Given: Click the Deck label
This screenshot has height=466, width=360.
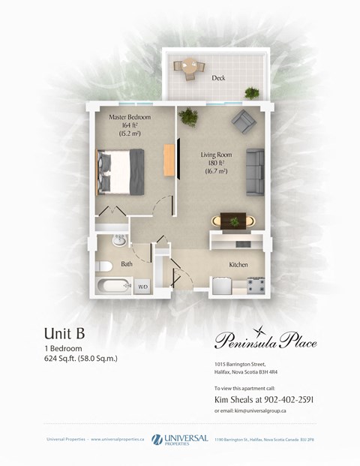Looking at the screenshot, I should (218, 78).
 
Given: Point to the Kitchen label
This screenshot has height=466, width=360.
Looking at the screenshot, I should (238, 265).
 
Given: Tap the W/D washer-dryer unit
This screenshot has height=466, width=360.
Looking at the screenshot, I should (142, 287).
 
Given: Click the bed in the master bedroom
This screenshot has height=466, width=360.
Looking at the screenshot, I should (120, 170).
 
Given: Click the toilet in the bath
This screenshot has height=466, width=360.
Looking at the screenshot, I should (104, 265).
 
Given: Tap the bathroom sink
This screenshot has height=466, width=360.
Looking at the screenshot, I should (118, 242).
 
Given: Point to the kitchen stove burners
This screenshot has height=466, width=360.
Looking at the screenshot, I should (256, 286).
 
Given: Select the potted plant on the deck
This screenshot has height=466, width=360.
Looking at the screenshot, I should (252, 92).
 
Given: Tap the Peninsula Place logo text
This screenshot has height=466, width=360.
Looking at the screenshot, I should (265, 342).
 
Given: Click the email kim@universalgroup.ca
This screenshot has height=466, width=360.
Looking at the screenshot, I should (271, 411).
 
